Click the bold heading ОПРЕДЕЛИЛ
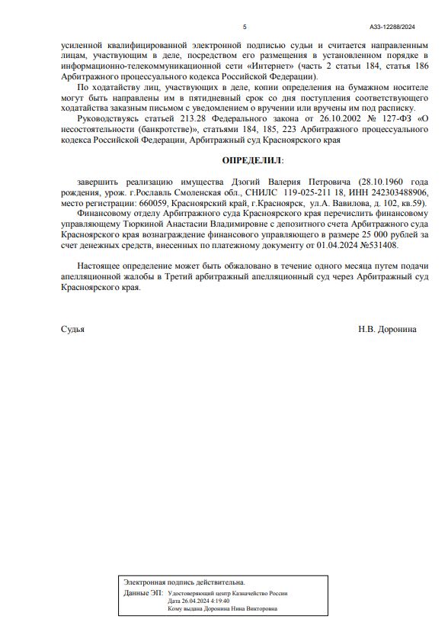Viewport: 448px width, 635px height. pyautogui.click(x=251, y=161)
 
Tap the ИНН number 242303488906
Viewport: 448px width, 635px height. pyautogui.click(x=395, y=194)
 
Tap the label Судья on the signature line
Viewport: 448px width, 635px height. pyautogui.click(x=72, y=329)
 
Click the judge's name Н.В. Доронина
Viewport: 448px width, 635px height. pyautogui.click(x=387, y=329)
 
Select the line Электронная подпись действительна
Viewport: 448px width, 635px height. pyautogui.click(x=184, y=582)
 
